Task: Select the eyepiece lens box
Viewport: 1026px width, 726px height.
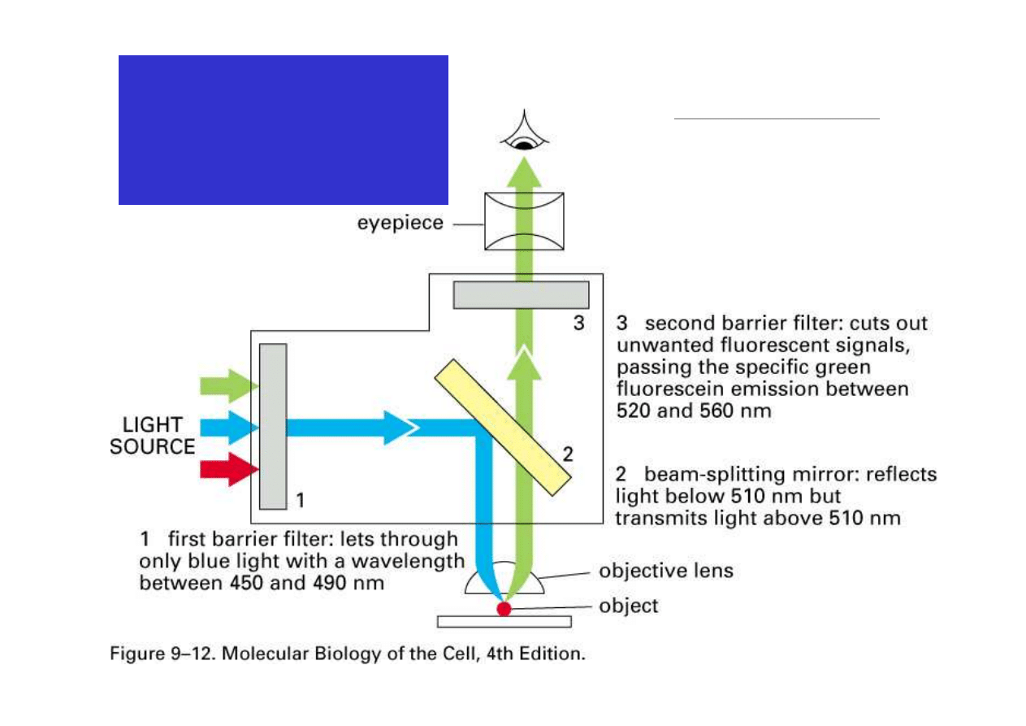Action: coord(523,220)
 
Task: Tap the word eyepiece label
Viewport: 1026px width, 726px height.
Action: coord(400,222)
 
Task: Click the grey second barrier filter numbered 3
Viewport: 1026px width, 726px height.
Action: coord(521,294)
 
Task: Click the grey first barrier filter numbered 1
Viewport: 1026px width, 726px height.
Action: coord(273,426)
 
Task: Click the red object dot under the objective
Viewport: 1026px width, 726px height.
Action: coord(504,608)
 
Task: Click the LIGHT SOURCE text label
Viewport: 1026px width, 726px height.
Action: coord(153,436)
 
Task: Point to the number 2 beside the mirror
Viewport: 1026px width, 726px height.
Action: coord(568,455)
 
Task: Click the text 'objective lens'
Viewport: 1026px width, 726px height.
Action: coord(665,571)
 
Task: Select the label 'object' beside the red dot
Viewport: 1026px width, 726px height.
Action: coord(628,606)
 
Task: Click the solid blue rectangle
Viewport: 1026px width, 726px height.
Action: coord(283,129)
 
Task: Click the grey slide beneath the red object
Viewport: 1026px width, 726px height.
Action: coord(504,622)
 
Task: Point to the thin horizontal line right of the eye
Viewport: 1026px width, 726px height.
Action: coord(777,119)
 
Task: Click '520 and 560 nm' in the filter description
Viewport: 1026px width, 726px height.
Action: coord(693,411)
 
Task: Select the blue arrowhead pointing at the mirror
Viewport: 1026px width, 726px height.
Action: coord(398,427)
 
